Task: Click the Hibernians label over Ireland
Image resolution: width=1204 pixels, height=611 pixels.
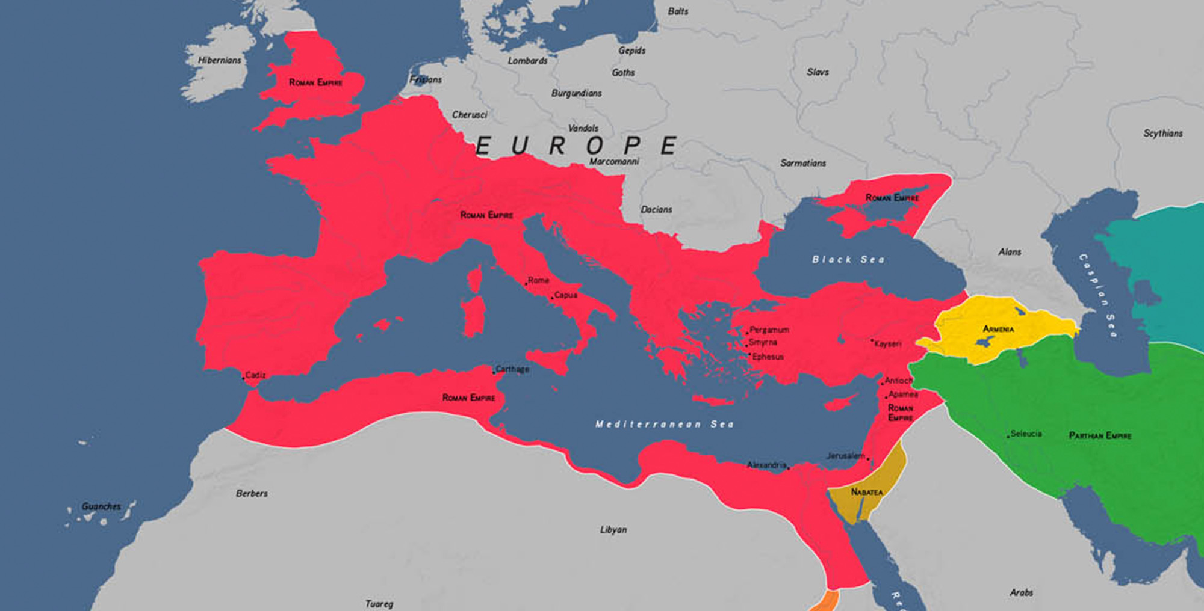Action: [220, 60]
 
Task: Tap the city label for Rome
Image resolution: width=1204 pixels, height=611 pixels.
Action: [538, 280]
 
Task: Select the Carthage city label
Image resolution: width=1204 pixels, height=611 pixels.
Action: [512, 369]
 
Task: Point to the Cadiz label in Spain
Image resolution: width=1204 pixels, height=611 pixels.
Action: [255, 375]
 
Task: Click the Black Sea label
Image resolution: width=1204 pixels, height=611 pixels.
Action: [848, 260]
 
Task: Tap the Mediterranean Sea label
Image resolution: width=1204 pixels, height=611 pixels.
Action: [665, 424]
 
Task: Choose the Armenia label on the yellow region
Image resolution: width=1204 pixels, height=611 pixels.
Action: [998, 329]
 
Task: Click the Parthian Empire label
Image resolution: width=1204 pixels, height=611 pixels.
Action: [1100, 435]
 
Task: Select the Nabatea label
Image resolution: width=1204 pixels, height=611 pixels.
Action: [867, 492]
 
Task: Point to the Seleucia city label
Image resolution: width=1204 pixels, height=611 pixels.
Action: [1026, 434]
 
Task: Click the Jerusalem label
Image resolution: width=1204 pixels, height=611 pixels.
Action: [846, 456]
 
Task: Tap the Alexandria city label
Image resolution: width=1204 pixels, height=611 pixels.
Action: [766, 465]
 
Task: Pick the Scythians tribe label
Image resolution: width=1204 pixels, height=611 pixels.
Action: [1162, 134]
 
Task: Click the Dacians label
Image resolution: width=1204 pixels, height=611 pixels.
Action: [656, 210]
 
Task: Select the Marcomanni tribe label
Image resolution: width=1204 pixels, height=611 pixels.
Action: [614, 162]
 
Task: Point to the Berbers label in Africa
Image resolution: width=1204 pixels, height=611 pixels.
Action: [252, 494]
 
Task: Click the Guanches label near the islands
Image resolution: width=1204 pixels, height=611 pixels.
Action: [101, 506]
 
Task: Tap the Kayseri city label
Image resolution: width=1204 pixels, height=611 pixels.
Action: [887, 344]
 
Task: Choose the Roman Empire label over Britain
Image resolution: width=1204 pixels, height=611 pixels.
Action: [315, 82]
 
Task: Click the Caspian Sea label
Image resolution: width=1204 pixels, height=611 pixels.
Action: [1098, 295]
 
